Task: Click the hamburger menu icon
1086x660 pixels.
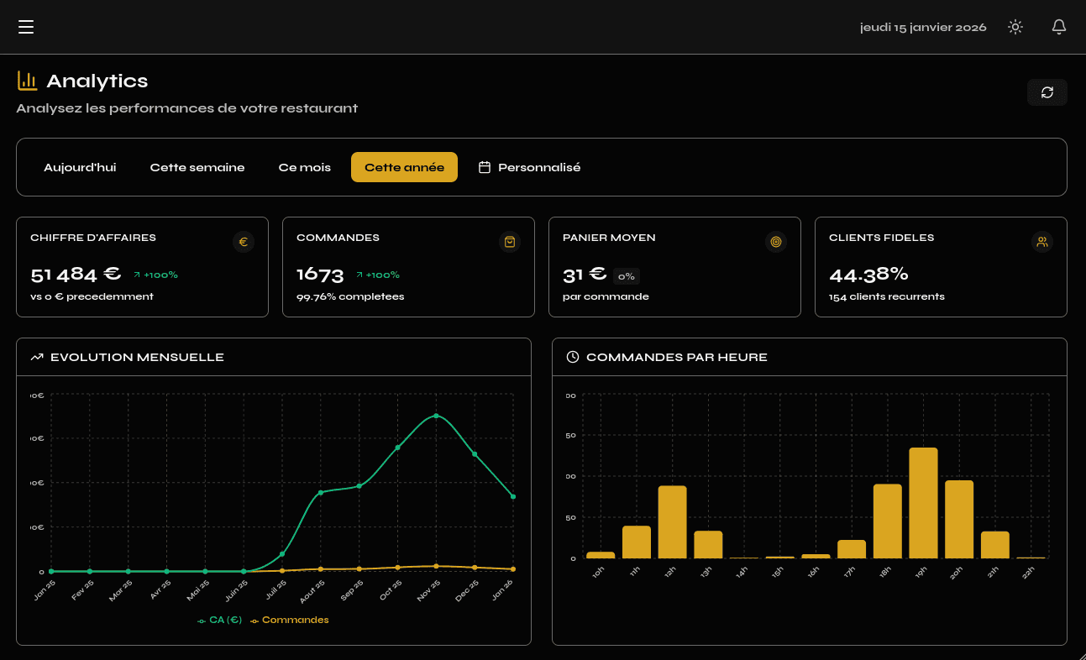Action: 26,27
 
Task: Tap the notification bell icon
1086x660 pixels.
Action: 1059,27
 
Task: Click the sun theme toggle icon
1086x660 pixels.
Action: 1015,27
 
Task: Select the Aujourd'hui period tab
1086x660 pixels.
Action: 80,167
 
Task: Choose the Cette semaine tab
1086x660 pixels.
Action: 197,167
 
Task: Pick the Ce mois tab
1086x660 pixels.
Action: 305,167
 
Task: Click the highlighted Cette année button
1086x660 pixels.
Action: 404,167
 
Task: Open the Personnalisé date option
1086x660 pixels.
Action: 530,167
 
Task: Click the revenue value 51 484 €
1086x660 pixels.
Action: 76,275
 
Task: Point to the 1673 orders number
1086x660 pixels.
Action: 320,275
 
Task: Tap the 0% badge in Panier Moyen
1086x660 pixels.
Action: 627,276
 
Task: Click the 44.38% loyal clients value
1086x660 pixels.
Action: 868,275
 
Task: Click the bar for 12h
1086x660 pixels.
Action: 672,521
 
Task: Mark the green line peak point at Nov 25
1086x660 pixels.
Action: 436,416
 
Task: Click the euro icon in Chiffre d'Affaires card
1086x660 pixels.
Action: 244,242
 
